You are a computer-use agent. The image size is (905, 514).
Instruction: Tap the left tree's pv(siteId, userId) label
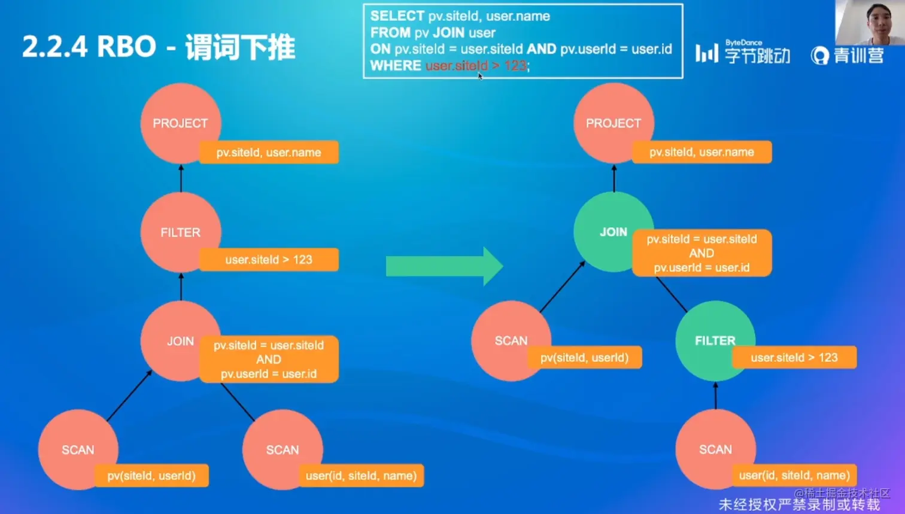pyautogui.click(x=151, y=476)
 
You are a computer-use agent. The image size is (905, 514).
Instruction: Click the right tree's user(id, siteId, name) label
pyautogui.click(x=794, y=476)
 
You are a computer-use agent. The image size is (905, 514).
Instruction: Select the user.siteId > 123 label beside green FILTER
pyautogui.click(x=794, y=358)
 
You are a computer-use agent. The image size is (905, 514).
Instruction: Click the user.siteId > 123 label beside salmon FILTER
pyautogui.click(x=269, y=260)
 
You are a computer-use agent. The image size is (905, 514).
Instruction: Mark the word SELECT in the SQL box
pyautogui.click(x=397, y=16)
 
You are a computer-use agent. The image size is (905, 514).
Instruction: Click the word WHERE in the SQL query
pyautogui.click(x=395, y=65)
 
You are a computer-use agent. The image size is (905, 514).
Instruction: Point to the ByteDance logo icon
pyautogui.click(x=706, y=53)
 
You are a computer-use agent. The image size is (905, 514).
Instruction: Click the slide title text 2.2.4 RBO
pyautogui.click(x=89, y=47)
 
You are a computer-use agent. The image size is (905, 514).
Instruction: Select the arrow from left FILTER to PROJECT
pyautogui.click(x=181, y=178)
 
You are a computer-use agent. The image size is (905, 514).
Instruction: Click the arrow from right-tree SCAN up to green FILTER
pyautogui.click(x=716, y=396)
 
